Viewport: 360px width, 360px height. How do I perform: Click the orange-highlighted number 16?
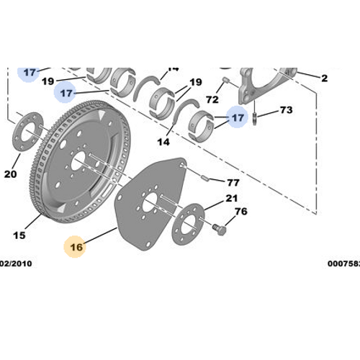click(x=76, y=247)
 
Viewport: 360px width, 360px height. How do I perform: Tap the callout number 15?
click(x=19, y=235)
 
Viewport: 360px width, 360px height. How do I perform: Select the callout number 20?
click(x=10, y=174)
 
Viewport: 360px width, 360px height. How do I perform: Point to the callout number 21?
click(x=231, y=198)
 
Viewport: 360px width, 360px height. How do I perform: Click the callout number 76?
click(x=240, y=211)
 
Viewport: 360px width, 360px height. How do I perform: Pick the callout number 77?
click(x=233, y=182)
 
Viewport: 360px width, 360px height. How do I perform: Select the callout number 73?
click(x=286, y=110)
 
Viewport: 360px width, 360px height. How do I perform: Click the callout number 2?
click(x=324, y=78)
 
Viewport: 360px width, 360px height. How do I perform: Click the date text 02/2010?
click(x=15, y=264)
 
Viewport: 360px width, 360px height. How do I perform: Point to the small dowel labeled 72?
click(x=225, y=81)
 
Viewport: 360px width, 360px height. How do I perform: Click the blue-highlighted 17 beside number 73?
click(x=237, y=114)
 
